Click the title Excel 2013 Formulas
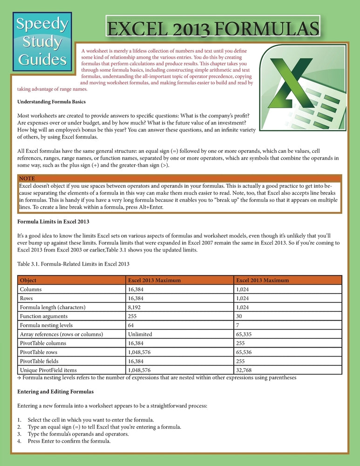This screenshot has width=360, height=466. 213,28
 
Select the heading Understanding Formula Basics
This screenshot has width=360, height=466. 51,102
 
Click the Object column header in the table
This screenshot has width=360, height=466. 28,281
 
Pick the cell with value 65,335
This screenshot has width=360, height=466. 246,334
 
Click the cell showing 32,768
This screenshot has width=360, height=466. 246,370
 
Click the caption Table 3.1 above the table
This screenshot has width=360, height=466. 73,264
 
